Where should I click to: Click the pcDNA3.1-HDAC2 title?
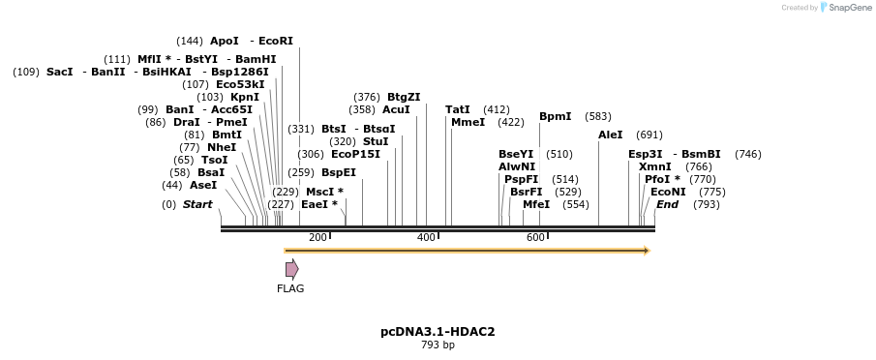click(x=438, y=331)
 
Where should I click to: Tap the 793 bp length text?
click(x=438, y=345)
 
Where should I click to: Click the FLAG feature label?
click(x=290, y=288)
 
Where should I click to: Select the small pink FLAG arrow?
click(x=291, y=269)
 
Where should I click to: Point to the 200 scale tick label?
click(x=317, y=237)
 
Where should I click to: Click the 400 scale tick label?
click(x=426, y=237)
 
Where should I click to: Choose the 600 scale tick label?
click(x=535, y=237)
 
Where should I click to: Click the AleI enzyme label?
click(x=611, y=135)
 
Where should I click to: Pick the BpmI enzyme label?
click(x=555, y=116)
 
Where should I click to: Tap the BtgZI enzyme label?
click(x=404, y=97)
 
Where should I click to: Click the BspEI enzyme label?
click(x=339, y=172)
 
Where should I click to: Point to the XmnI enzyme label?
click(x=654, y=166)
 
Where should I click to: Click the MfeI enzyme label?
click(x=536, y=204)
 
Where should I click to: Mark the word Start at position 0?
click(x=197, y=204)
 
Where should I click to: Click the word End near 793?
click(x=667, y=204)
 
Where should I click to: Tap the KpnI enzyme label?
click(x=244, y=97)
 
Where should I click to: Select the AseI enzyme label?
click(x=203, y=185)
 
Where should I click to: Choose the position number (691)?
click(x=649, y=135)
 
